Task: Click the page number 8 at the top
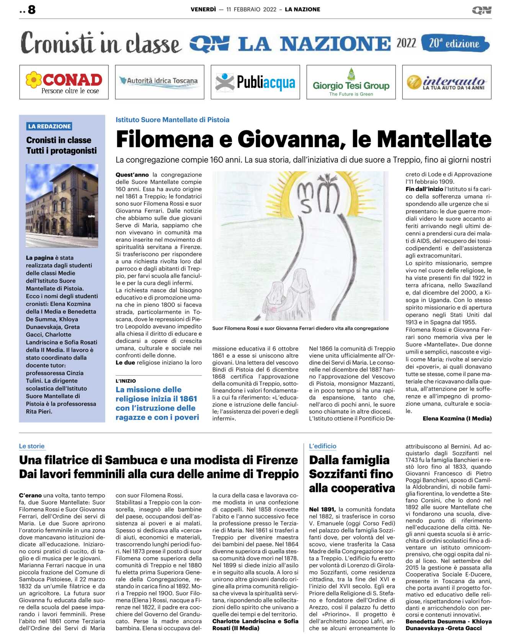pyautogui.click(x=31, y=10)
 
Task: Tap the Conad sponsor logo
pyautogui.click(x=64, y=82)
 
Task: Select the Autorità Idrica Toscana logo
pyautogui.click(x=160, y=81)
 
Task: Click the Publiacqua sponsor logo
pyautogui.click(x=255, y=82)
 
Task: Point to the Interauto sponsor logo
pyautogui.click(x=447, y=82)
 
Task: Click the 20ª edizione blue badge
pyautogui.click(x=455, y=43)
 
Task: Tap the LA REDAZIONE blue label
pyautogui.click(x=49, y=126)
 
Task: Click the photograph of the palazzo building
pyautogui.click(x=62, y=205)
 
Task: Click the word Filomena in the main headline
pyautogui.click(x=164, y=139)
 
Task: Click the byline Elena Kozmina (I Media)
pyautogui.click(x=457, y=418)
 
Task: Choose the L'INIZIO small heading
pyautogui.click(x=126, y=381)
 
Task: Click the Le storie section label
pyautogui.click(x=32, y=446)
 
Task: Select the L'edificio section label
pyautogui.click(x=323, y=446)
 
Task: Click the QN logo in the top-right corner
pyautogui.click(x=482, y=10)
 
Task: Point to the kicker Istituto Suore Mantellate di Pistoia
pyautogui.click(x=172, y=120)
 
